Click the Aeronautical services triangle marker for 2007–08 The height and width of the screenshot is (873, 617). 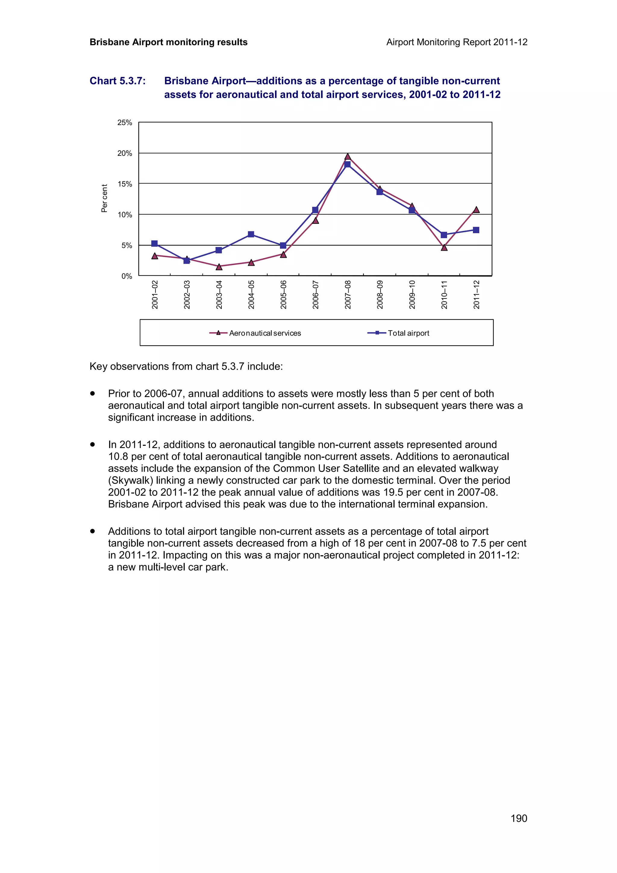347,157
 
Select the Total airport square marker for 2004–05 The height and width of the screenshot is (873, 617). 251,234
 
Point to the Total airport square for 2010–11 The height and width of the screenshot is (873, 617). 444,235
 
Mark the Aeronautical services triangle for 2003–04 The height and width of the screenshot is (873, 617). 219,267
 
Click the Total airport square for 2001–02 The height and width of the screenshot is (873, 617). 154,243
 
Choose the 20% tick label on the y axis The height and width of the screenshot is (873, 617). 124,153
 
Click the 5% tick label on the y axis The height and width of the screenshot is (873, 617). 127,246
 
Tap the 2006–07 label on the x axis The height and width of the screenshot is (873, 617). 315,295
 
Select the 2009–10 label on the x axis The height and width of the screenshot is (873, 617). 412,295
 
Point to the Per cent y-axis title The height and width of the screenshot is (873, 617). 104,198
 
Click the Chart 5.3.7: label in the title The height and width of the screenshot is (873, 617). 117,81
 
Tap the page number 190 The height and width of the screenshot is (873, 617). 518,818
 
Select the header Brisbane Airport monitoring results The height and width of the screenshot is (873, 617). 168,42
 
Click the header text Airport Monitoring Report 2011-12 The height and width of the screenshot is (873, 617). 456,42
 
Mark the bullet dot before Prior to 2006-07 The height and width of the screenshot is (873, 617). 92,393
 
